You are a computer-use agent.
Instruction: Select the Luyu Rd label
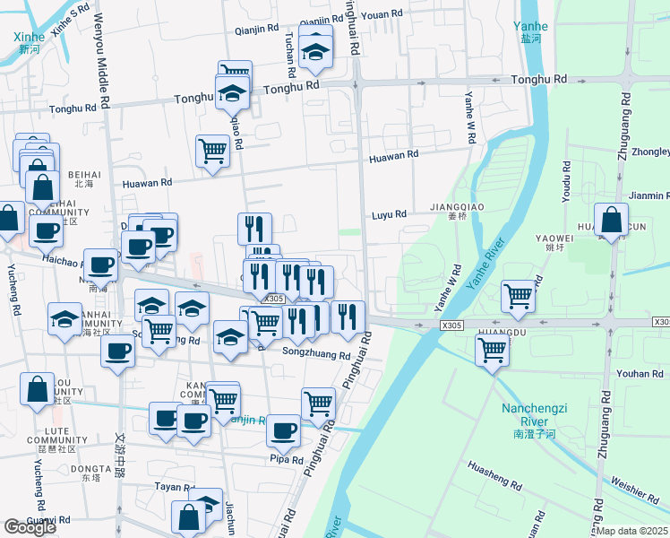(x=390, y=214)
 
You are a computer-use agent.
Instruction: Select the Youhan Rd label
(x=640, y=374)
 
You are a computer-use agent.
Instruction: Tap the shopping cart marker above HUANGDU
(x=519, y=295)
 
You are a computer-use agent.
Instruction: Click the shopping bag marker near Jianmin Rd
(x=610, y=220)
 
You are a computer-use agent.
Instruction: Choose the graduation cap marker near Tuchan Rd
(x=315, y=54)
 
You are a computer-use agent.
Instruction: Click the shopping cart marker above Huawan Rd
(x=213, y=150)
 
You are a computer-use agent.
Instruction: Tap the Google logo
(x=30, y=527)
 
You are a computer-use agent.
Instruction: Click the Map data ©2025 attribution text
(x=632, y=531)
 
